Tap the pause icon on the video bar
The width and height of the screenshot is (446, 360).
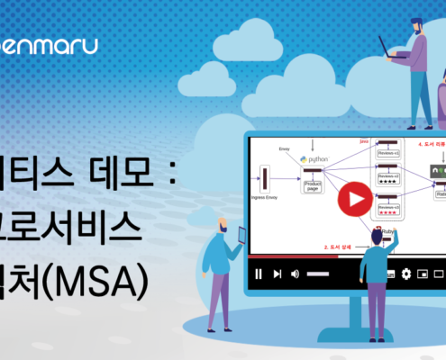tap(259, 274)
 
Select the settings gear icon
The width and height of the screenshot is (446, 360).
tap(406, 274)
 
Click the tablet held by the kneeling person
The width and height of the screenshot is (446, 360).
tap(241, 235)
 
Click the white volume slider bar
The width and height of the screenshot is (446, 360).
tap(319, 274)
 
